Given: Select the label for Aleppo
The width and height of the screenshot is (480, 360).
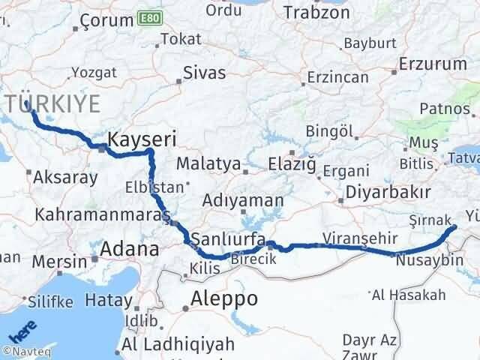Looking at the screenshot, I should [224, 298].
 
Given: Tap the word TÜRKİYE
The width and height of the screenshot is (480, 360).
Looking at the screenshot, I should [55, 104].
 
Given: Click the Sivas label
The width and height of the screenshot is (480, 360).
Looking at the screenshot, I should [205, 74].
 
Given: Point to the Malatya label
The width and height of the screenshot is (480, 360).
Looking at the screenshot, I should [208, 163].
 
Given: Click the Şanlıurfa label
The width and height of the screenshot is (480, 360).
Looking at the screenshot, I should [226, 239].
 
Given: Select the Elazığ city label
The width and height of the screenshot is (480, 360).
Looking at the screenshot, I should [295, 163].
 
